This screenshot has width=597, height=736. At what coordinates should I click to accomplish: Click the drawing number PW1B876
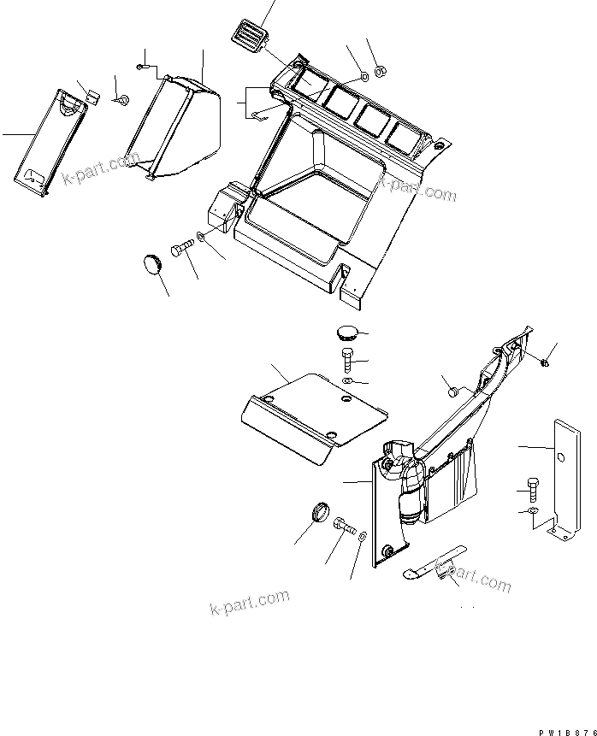(564, 731)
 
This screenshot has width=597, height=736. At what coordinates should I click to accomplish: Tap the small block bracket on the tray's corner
(225, 207)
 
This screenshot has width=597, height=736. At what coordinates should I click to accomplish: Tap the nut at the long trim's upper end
(546, 362)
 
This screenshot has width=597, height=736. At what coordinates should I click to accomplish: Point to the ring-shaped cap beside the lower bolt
(320, 513)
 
